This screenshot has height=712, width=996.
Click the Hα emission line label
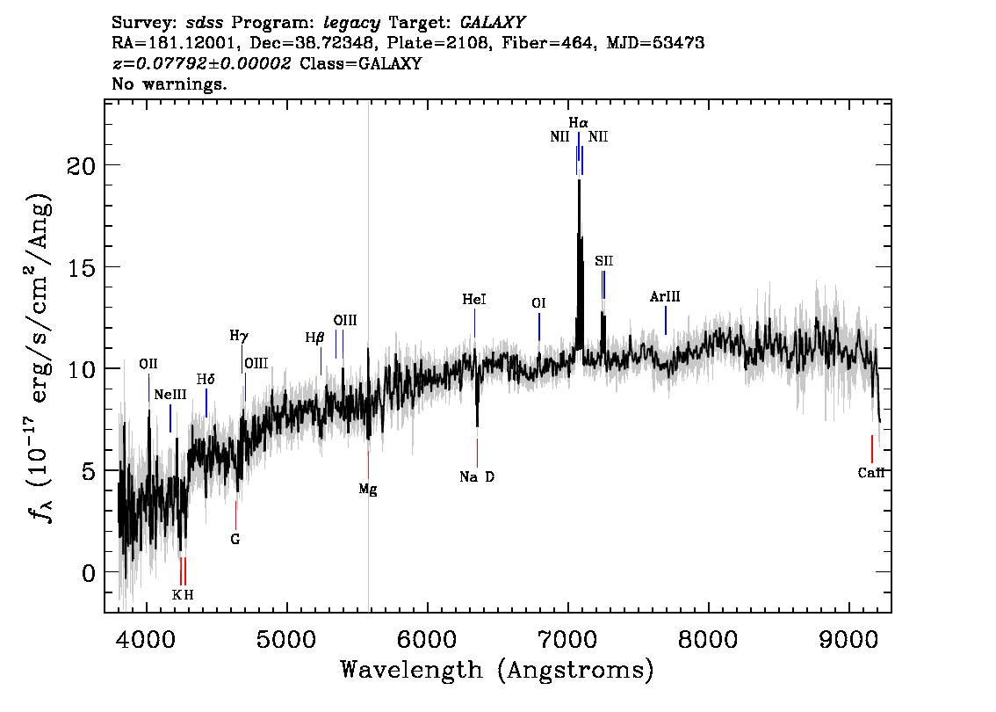point(578,123)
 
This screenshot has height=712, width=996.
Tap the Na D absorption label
point(477,476)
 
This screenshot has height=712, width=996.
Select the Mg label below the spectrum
point(368,490)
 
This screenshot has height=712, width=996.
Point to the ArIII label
point(665,297)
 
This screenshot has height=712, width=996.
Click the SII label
point(604,261)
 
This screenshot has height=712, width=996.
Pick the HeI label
point(474,300)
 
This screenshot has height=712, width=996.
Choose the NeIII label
point(170,395)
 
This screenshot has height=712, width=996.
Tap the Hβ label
point(315,338)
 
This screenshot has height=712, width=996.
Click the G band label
point(235,540)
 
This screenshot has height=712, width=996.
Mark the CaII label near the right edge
point(871,473)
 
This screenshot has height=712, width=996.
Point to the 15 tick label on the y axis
point(81,267)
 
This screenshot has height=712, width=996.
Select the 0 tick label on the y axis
point(89,573)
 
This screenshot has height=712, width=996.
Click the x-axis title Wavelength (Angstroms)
point(497,671)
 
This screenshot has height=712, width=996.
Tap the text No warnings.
point(169,84)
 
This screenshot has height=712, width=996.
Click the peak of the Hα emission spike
point(579,181)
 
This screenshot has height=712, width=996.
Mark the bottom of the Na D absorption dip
point(477,426)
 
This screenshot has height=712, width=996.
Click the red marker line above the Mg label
point(368,465)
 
